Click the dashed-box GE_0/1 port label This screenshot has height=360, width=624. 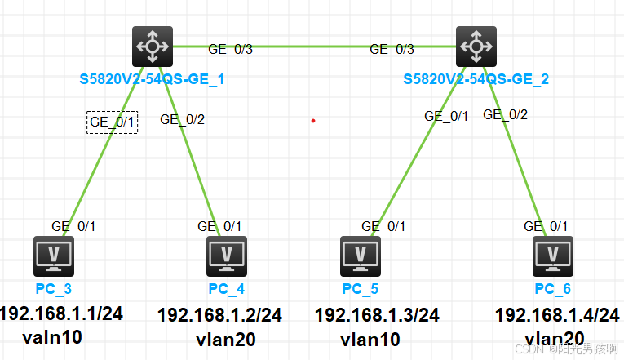[113, 122]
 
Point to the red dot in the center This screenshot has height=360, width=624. [312, 121]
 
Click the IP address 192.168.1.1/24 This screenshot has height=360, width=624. [62, 313]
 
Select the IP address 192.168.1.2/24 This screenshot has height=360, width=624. [219, 314]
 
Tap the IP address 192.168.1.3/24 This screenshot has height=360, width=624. [377, 314]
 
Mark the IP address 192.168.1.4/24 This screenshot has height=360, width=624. [558, 315]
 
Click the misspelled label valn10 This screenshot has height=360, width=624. [53, 337]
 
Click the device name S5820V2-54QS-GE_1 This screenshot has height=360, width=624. [152, 79]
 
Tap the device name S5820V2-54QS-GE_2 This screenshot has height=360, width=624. [476, 79]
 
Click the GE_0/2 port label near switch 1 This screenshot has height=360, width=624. [182, 119]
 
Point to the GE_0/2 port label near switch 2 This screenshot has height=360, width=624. [506, 114]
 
